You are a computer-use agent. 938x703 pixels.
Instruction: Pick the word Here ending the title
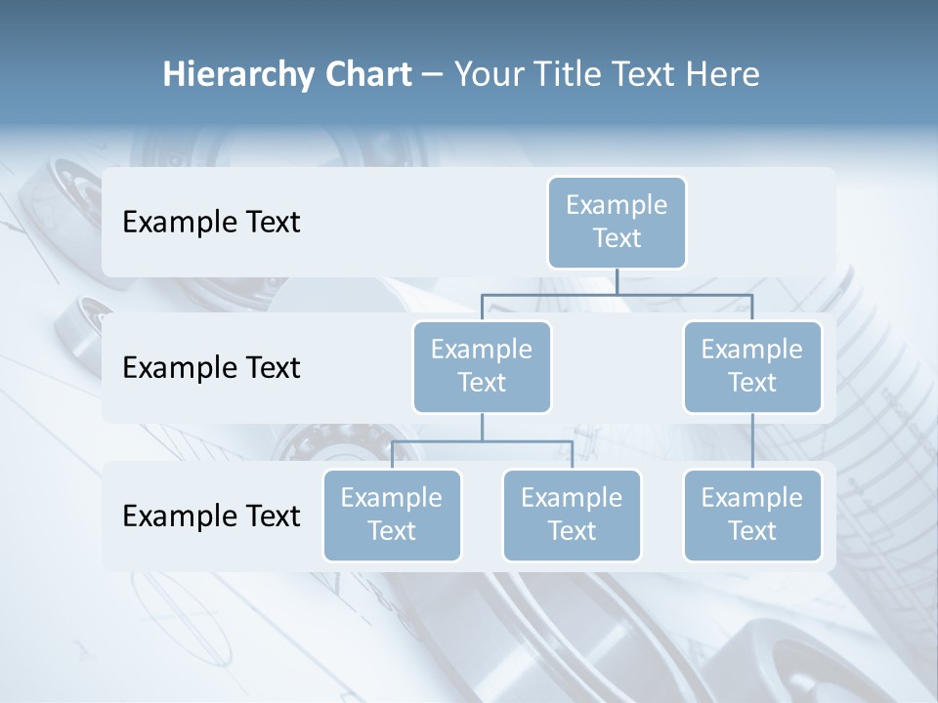click(x=724, y=75)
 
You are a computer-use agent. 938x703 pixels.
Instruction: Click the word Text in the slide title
click(x=649, y=75)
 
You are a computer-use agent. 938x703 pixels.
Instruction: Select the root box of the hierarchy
click(x=617, y=222)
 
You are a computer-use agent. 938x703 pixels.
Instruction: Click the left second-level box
click(x=482, y=366)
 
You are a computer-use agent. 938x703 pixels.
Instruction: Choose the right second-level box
click(x=752, y=366)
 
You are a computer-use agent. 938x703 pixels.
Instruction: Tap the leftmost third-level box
click(x=392, y=515)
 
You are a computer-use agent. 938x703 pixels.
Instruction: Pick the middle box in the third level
click(x=572, y=515)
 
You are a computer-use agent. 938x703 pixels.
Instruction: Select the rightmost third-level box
click(x=752, y=515)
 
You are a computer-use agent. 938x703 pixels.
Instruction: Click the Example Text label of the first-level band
click(x=211, y=223)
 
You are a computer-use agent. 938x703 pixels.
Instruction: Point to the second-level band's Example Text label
click(x=211, y=368)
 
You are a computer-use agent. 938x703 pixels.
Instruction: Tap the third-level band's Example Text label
click(x=211, y=516)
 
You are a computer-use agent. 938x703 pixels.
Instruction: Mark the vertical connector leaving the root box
click(x=617, y=281)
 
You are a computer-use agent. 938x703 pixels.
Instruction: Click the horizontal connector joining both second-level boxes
click(x=617, y=294)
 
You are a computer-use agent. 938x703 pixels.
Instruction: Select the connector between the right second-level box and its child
click(x=752, y=441)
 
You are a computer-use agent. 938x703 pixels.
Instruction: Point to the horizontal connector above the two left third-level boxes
click(x=482, y=441)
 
